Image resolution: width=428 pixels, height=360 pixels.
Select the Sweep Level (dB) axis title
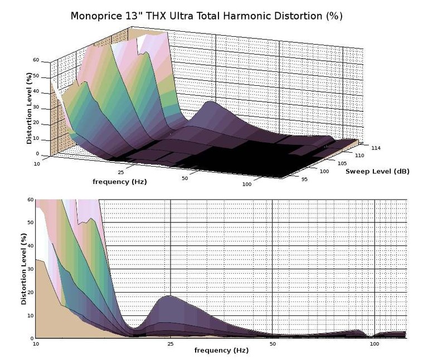click(377, 171)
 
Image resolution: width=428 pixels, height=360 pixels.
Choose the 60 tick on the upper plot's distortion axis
click(36, 60)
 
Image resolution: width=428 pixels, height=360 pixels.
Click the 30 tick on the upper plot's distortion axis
click(36, 107)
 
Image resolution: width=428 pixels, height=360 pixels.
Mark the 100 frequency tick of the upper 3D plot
click(247, 184)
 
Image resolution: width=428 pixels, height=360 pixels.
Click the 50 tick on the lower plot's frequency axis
click(273, 344)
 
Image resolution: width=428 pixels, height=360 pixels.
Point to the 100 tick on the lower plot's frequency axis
click(374, 344)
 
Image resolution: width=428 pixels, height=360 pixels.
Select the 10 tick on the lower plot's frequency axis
click(36, 344)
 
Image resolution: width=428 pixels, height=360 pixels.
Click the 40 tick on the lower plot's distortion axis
click(31, 246)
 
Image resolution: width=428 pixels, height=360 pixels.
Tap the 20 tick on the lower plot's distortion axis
click(31, 292)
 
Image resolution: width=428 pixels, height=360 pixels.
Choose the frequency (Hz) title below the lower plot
click(221, 351)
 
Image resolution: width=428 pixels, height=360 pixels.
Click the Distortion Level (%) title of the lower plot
click(24, 269)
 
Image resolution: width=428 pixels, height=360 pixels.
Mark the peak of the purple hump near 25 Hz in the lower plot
click(169, 296)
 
